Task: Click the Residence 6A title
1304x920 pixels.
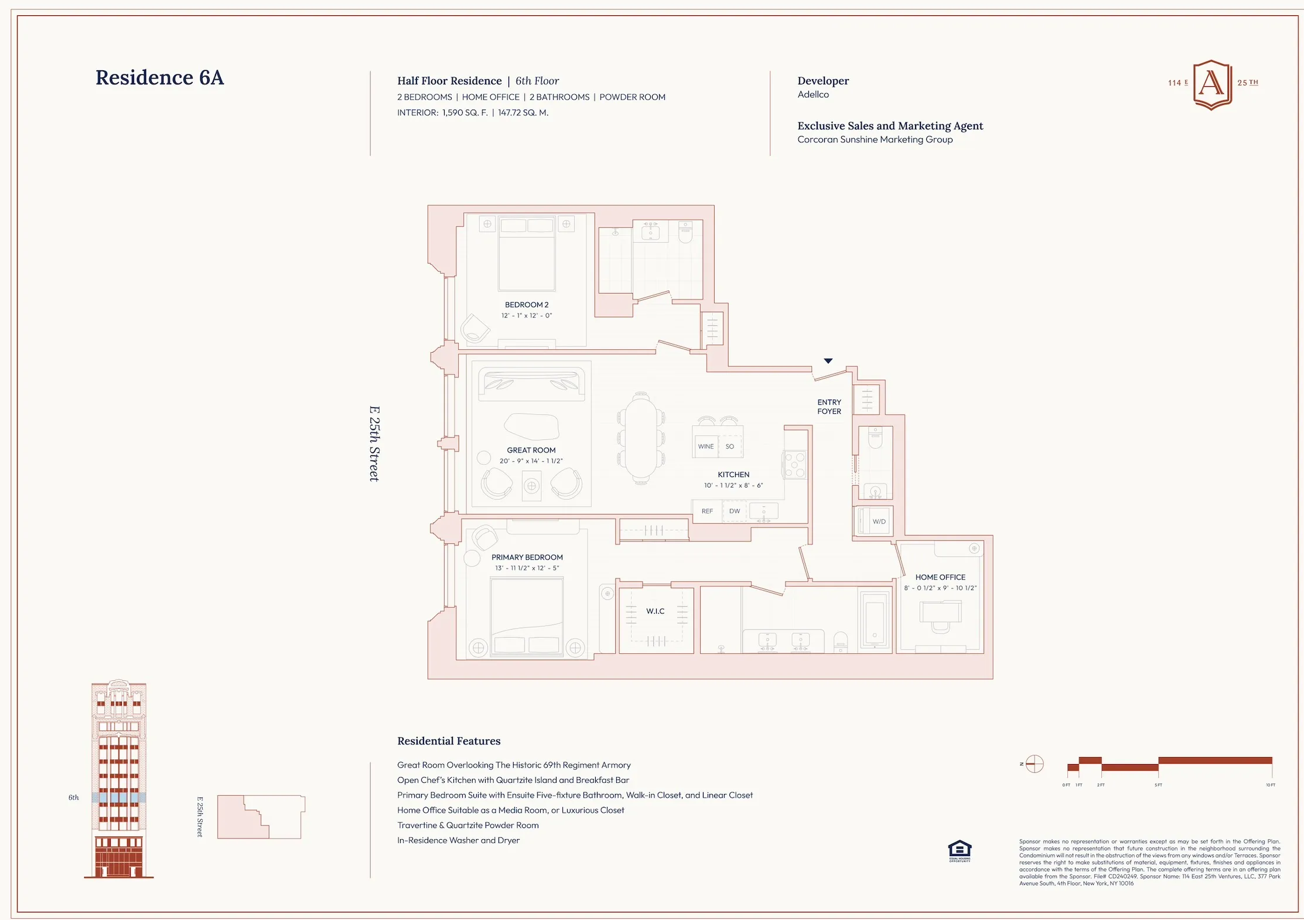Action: pos(159,77)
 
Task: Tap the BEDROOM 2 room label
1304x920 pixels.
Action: pos(527,305)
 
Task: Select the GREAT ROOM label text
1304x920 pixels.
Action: pos(531,450)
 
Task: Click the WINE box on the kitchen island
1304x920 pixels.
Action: pos(706,447)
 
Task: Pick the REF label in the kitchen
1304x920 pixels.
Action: pos(707,511)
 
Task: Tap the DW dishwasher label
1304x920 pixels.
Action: pos(735,511)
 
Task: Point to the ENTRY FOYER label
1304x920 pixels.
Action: pos(829,407)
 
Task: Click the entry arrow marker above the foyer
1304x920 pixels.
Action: pos(828,361)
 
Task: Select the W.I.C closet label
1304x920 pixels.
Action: pos(655,611)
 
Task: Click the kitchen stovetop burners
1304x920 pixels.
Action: pos(795,465)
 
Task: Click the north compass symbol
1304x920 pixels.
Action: pos(1035,764)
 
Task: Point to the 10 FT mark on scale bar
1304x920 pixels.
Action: pos(1270,785)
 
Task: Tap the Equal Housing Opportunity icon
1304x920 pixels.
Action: pos(960,850)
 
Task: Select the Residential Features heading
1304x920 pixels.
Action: pos(449,741)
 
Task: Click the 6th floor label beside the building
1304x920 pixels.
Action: pos(73,798)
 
